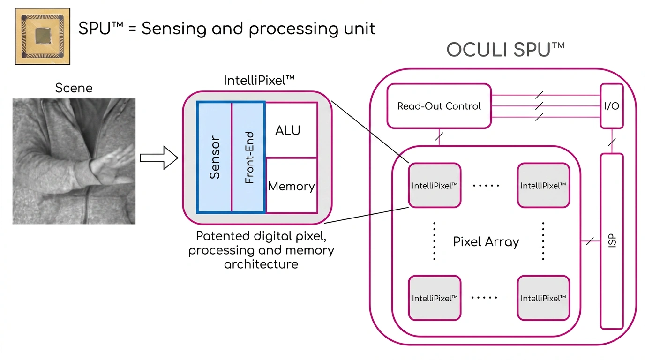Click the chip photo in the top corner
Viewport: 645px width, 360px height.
(x=43, y=36)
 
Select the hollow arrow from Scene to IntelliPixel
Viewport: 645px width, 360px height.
(x=159, y=158)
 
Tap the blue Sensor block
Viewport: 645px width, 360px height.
(x=214, y=157)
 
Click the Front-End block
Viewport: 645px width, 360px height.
(x=249, y=157)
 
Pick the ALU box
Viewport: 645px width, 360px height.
(x=292, y=130)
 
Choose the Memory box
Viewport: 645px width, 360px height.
(x=292, y=186)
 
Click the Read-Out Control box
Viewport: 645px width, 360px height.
(x=439, y=106)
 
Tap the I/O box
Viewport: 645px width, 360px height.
(x=612, y=106)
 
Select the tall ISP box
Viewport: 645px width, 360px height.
(x=612, y=241)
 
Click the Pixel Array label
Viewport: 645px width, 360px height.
(x=486, y=241)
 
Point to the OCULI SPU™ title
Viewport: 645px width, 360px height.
(x=506, y=50)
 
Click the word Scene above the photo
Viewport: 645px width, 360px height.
(x=74, y=88)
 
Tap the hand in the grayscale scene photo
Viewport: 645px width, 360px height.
(x=112, y=167)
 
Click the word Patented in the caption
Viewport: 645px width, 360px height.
(x=223, y=236)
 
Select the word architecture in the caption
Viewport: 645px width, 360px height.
(x=261, y=264)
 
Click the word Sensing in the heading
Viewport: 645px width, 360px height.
(x=174, y=29)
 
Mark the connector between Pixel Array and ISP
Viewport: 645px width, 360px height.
(x=591, y=241)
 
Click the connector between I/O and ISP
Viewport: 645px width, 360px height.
(x=612, y=141)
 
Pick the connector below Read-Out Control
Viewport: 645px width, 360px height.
(x=439, y=137)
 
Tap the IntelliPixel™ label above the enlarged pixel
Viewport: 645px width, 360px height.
(x=259, y=80)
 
